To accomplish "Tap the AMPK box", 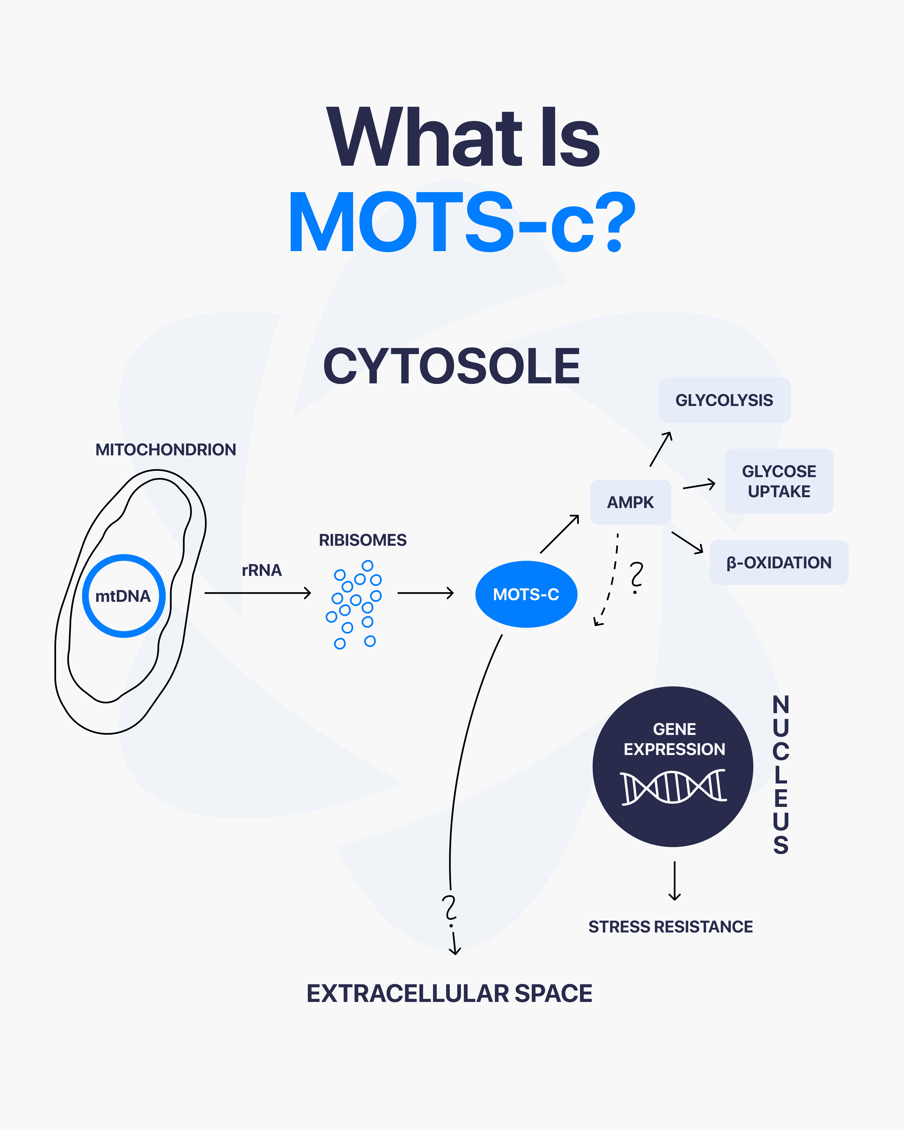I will tap(630, 502).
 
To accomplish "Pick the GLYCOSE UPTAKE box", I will tap(779, 481).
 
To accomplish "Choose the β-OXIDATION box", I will tap(779, 562).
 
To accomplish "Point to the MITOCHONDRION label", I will tap(166, 450).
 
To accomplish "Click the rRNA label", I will tap(262, 570).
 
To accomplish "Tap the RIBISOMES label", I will tap(363, 540).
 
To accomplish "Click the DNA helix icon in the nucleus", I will tap(673, 787).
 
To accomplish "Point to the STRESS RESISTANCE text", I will tap(670, 927).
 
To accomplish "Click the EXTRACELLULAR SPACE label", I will tap(449, 994).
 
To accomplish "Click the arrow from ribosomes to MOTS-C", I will tap(426, 593).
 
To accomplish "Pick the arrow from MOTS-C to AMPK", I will tap(560, 534).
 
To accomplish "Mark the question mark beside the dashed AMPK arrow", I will tap(636, 577).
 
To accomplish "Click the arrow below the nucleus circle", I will tap(674, 881).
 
